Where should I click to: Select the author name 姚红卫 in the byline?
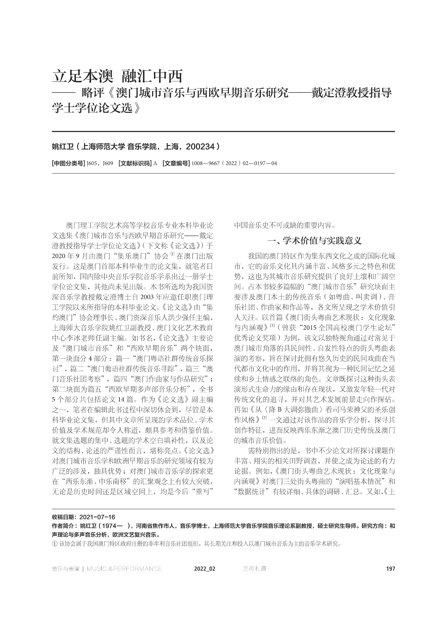tap(63, 147)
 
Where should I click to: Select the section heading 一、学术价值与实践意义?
tap(315, 241)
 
